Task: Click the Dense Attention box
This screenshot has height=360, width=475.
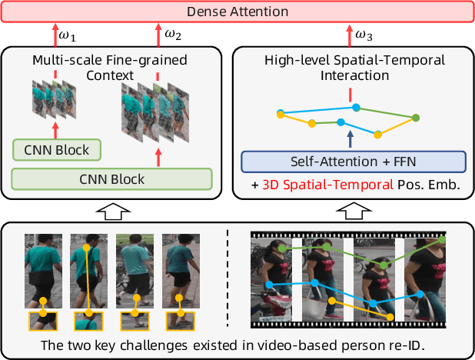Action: tap(237, 12)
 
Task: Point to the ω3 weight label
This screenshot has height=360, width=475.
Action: tap(364, 35)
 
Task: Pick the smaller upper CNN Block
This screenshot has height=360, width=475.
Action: tap(56, 150)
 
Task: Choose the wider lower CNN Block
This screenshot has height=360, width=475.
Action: tap(111, 179)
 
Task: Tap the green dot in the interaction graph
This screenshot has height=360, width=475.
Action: tap(416, 118)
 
